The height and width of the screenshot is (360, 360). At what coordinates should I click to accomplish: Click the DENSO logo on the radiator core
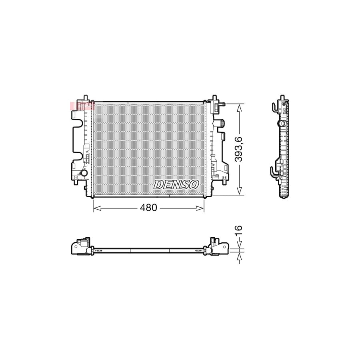pos(176,184)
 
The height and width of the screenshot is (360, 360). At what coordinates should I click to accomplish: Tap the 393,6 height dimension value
pos(239,149)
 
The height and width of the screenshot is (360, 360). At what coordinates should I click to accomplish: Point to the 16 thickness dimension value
pos(239,230)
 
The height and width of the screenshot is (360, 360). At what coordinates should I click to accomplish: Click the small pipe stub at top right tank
pos(220,104)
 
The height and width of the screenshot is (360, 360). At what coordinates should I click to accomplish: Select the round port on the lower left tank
pos(84,173)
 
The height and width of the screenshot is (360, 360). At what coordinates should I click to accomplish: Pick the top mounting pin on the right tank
pos(214,98)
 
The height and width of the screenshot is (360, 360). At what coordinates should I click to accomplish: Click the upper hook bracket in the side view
pos(275,107)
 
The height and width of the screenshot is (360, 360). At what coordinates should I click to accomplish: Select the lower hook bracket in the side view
pos(274,171)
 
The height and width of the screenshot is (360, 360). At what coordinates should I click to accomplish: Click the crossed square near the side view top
pos(284,110)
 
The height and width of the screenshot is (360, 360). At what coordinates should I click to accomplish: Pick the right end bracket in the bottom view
pos(217,246)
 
